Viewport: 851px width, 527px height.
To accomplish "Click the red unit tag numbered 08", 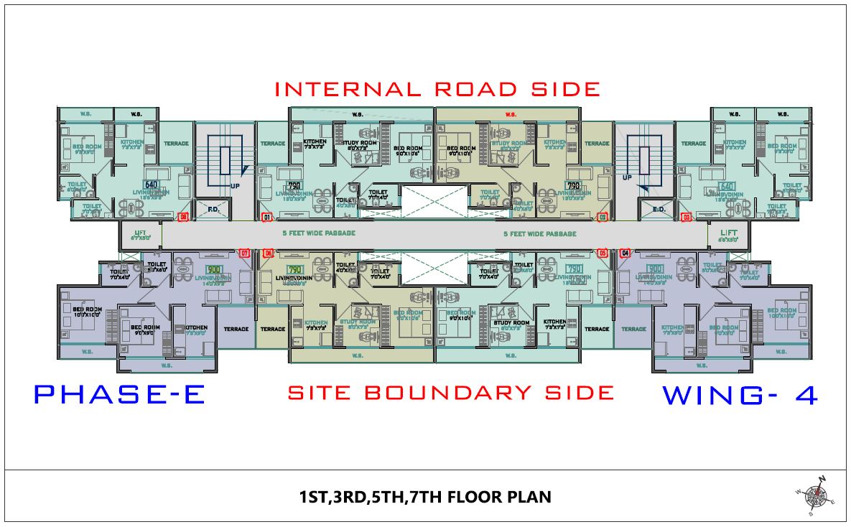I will (x=184, y=217).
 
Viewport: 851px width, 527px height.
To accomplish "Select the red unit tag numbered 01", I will (x=268, y=217).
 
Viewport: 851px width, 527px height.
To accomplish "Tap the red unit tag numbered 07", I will (x=244, y=253).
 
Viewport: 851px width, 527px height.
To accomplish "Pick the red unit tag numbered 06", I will (x=269, y=253).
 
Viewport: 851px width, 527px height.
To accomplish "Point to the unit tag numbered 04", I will (x=625, y=253).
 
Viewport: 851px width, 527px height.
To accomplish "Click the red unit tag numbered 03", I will (x=687, y=217).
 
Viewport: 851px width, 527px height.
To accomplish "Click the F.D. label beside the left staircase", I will (x=213, y=210).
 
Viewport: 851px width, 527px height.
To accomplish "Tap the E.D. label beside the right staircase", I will (x=658, y=210).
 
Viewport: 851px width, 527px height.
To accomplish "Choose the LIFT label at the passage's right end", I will (x=728, y=233).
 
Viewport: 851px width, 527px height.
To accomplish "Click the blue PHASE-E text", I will (x=120, y=394).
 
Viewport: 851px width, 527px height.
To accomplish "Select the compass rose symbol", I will (x=814, y=494).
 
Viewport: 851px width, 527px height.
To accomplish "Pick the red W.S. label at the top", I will (x=511, y=113).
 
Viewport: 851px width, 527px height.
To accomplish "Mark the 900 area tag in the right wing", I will (x=654, y=269).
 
